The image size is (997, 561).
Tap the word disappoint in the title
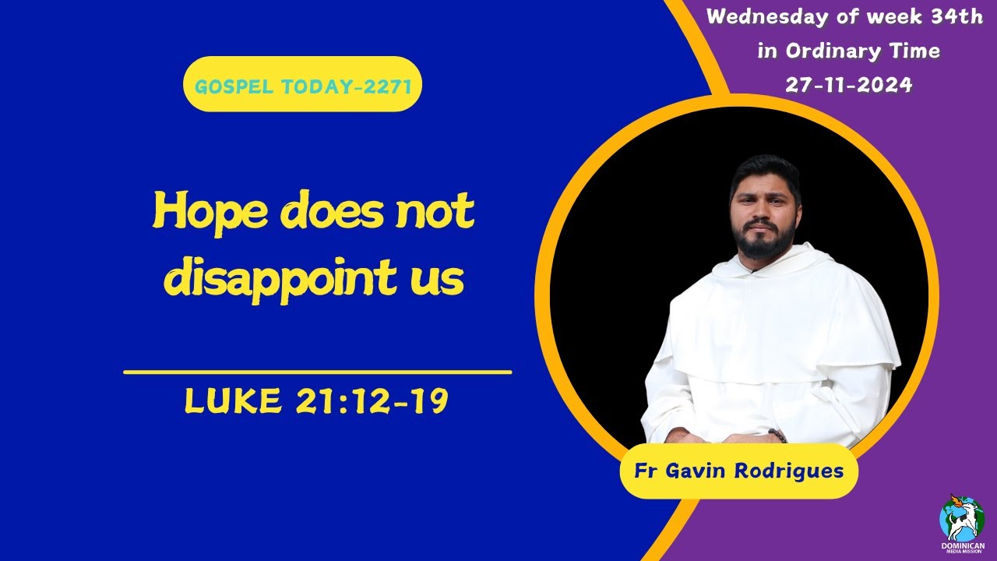[x=290, y=280]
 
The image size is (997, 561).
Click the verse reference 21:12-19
[x=372, y=401]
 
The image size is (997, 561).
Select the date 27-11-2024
[x=848, y=86]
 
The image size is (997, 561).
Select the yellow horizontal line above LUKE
[x=318, y=372]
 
